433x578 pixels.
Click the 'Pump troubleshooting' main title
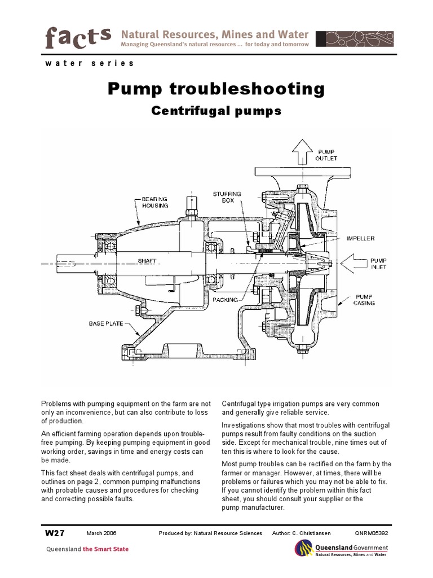[x=216, y=89]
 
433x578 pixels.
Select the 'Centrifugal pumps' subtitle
[x=216, y=111]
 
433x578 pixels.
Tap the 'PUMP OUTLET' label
[x=326, y=155]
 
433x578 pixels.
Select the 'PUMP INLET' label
[x=378, y=264]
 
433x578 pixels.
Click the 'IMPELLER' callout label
[x=360, y=239]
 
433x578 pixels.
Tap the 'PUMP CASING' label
[x=364, y=299]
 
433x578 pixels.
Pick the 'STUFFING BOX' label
[x=227, y=197]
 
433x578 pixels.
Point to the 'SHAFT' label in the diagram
[x=146, y=261]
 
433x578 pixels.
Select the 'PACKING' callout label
[x=226, y=300]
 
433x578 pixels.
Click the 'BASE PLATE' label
[x=106, y=323]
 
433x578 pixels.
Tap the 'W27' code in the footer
[x=55, y=533]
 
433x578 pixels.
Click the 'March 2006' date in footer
[x=102, y=533]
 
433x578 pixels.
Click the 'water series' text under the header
[x=89, y=63]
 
